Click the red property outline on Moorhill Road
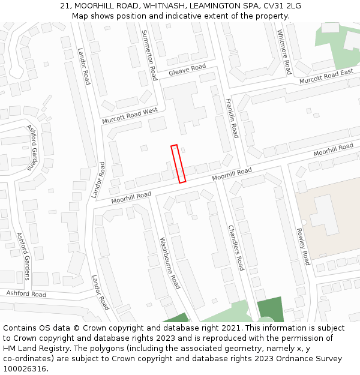(x=178, y=163)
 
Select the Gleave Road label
(x=187, y=70)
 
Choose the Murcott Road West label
(x=130, y=115)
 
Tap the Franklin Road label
(x=232, y=118)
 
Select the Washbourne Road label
(x=169, y=263)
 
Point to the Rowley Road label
(x=302, y=246)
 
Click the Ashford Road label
(x=26, y=294)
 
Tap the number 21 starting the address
(x=65, y=6)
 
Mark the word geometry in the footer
(x=257, y=349)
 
